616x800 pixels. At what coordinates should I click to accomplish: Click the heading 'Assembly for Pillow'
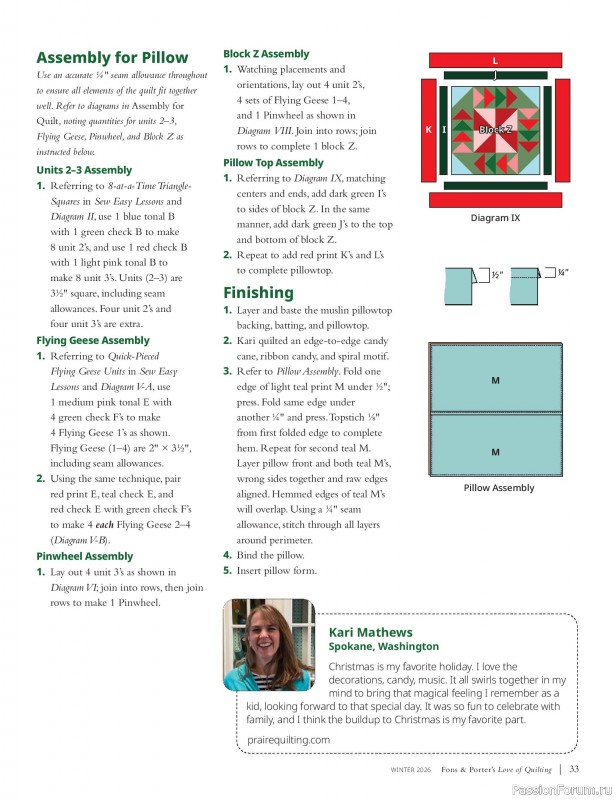click(111, 58)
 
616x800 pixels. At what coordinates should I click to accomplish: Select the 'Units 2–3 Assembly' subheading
click(84, 171)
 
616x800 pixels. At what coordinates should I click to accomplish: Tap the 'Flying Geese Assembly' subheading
click(92, 341)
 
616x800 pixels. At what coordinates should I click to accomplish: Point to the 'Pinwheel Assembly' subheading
click(84, 556)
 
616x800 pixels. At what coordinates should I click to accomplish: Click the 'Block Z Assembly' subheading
click(266, 54)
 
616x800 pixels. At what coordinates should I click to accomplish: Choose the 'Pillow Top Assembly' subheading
click(273, 163)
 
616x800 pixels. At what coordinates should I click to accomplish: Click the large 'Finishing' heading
click(258, 293)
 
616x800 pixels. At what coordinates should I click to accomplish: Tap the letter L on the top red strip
click(495, 60)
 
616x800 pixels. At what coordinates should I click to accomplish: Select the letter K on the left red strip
click(428, 130)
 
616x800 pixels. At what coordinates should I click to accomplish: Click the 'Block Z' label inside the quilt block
click(495, 130)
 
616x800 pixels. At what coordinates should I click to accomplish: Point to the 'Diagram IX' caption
click(495, 218)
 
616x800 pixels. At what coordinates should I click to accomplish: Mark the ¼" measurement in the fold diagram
click(563, 272)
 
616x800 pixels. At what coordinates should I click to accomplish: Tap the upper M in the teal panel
click(495, 381)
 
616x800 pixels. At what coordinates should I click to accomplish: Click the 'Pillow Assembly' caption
click(498, 488)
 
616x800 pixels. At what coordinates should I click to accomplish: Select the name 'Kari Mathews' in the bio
click(370, 632)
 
